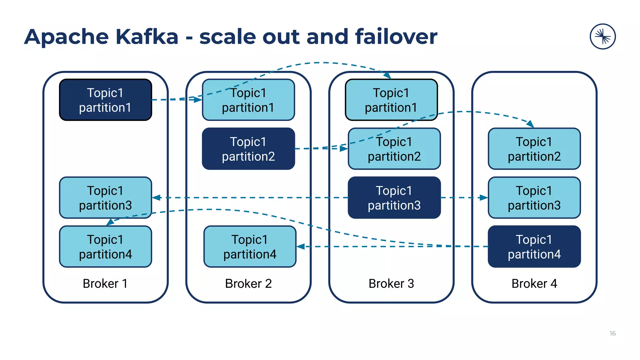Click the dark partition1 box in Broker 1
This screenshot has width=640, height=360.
(105, 100)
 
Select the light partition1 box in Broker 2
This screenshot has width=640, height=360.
(248, 100)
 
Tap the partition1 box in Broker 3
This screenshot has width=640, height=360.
(391, 100)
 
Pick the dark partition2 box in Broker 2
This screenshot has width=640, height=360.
(248, 149)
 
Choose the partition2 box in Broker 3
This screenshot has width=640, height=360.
(394, 149)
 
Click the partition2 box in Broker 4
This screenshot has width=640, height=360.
(534, 149)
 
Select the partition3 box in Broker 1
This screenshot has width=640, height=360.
(105, 197)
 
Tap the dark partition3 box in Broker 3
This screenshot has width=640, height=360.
(394, 197)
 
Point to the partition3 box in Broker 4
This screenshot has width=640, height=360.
(534, 197)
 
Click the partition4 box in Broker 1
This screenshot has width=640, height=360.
(105, 247)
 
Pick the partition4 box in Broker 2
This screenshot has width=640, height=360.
(250, 247)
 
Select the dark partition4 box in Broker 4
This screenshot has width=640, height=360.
(534, 247)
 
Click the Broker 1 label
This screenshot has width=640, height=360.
(105, 283)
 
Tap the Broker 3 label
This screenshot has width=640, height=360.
(391, 283)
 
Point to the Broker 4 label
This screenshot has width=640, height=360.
(534, 283)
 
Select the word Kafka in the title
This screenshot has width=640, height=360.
(147, 37)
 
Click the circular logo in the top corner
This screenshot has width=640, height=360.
(602, 37)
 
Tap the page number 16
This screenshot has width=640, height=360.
(612, 333)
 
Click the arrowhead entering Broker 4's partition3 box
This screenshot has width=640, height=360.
(484, 197)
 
